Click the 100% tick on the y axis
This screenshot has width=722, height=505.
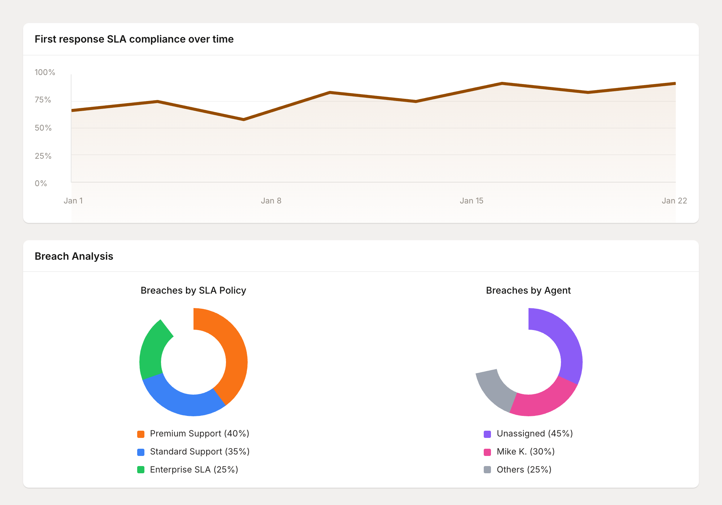point(45,72)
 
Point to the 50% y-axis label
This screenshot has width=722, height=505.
point(43,128)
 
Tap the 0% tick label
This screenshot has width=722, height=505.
point(41,183)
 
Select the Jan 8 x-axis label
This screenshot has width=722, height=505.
point(271,201)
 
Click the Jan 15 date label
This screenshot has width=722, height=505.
point(471,201)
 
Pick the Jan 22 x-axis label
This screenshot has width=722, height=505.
point(674,201)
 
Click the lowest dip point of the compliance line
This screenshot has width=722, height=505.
point(244,119)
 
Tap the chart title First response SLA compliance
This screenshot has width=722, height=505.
point(134,39)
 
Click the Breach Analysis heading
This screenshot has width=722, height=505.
point(74,256)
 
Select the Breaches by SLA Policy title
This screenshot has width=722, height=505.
point(193,290)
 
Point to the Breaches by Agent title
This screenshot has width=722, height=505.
point(528,290)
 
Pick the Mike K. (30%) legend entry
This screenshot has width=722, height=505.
point(525,452)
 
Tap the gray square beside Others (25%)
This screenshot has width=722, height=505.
point(487,470)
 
